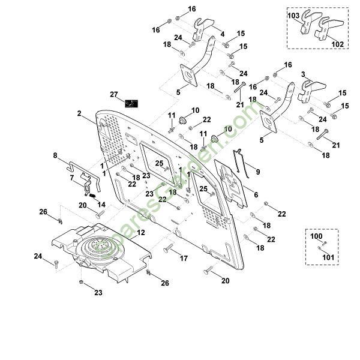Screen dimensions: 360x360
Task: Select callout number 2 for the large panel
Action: point(79,113)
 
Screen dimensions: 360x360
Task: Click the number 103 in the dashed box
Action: point(294,14)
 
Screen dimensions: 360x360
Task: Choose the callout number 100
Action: point(316,236)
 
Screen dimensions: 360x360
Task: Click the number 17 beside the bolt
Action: point(184,259)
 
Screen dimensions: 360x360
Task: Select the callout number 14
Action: point(101,205)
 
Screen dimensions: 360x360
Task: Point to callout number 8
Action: point(55,155)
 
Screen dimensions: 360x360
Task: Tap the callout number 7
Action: point(72,178)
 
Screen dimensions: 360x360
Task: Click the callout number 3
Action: point(304,74)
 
